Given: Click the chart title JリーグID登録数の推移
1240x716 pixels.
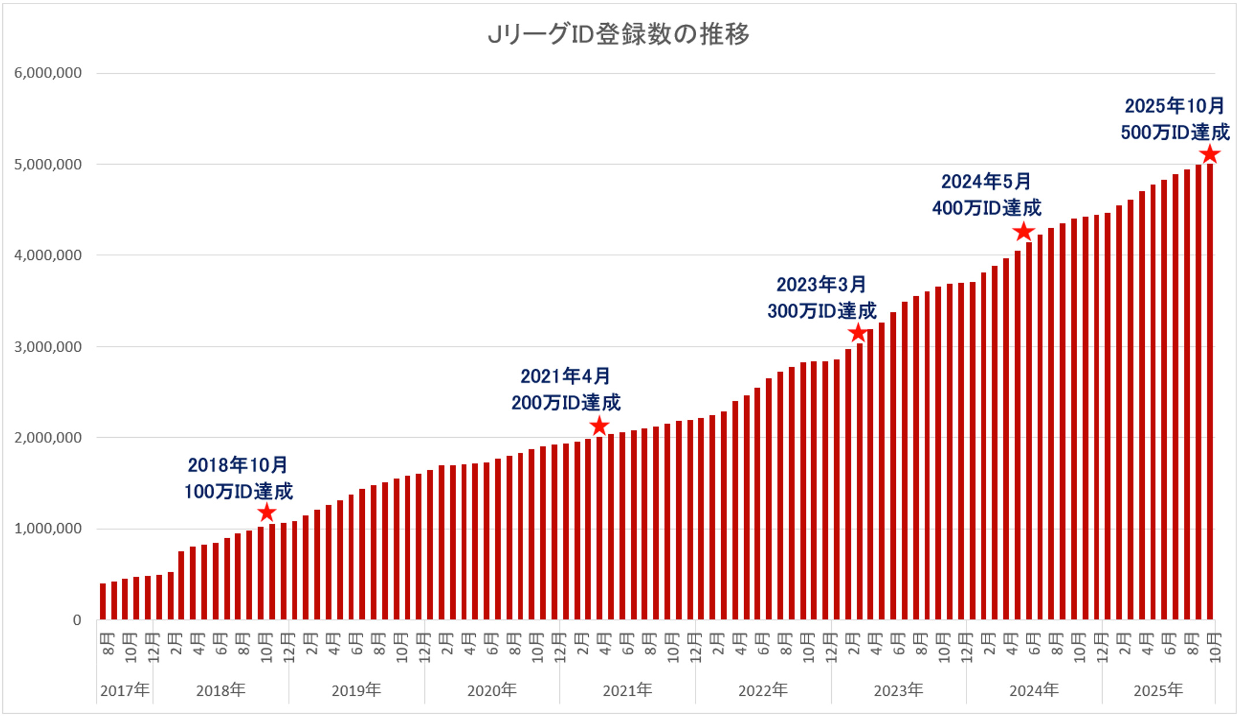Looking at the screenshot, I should pos(618,34).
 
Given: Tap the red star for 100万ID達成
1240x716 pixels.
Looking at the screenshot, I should pos(266,512).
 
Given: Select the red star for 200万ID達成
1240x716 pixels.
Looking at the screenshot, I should pos(599,426).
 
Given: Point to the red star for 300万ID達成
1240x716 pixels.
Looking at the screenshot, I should pos(858,333).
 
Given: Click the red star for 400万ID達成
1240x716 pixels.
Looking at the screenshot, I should pos(1024,232).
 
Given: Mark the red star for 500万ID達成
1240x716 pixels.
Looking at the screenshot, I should pos(1210,154).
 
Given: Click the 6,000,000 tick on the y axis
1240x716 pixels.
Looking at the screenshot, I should pos(48,73).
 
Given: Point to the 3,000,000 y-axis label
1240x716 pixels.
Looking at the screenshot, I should pos(48,346).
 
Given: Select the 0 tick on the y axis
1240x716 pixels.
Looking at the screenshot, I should pos(77,620).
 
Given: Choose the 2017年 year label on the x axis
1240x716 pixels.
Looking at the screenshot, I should pos(125,690).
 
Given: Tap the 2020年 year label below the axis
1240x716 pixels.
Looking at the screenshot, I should pos(492,690).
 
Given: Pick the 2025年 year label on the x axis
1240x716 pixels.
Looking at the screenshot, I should pos(1158,690).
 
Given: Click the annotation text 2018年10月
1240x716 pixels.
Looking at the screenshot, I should pos(237,465).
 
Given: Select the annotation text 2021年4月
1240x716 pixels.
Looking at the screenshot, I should pos(565,376).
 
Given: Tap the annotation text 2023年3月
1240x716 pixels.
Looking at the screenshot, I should pos(821,285).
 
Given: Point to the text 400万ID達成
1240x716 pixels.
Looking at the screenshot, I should pos(987,208).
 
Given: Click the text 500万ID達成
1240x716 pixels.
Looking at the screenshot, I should pos(1175,132).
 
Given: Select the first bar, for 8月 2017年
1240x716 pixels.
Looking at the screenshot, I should pos(103,602).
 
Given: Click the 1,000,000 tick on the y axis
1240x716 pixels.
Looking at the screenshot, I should pos(48,529).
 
